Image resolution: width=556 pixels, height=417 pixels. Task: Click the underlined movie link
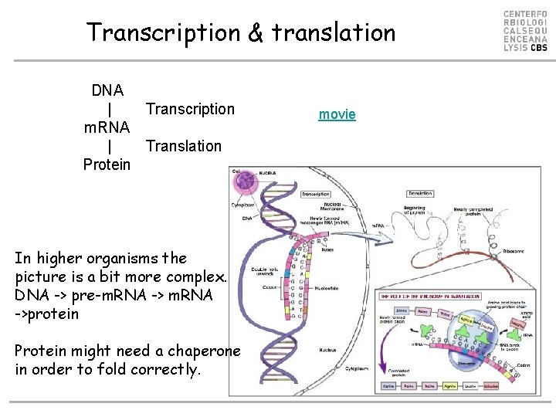(x=337, y=114)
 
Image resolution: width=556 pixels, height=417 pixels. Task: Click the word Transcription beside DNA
(x=190, y=109)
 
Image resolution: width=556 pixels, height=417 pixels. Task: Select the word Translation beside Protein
(x=183, y=146)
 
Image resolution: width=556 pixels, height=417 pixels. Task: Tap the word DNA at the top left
(x=107, y=90)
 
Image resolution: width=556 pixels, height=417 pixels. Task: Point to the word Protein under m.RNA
(x=107, y=164)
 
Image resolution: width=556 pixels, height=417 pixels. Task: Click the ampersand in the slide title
(x=254, y=32)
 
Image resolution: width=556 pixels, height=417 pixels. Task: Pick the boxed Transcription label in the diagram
(x=316, y=194)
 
